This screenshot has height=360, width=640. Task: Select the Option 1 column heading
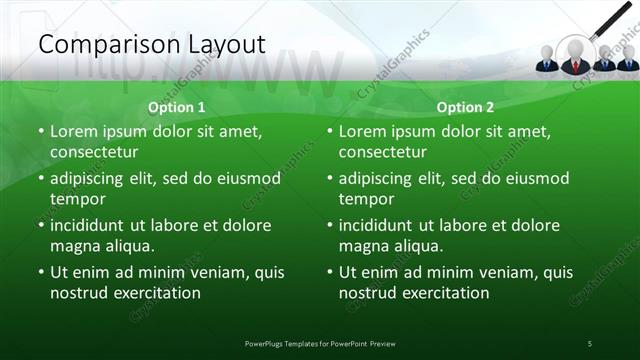[x=177, y=107]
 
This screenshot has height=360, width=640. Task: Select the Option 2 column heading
[x=465, y=107]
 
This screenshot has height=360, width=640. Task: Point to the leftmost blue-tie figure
[x=546, y=60]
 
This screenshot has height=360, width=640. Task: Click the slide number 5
[x=590, y=344]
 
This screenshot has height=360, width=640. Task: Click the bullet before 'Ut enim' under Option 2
[x=329, y=272]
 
